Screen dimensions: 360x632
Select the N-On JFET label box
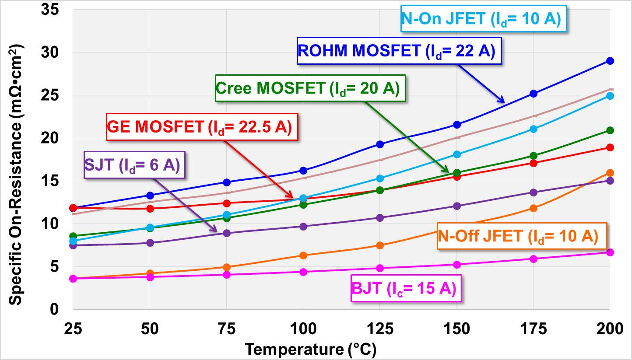point(481,19)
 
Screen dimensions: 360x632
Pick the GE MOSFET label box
point(199,127)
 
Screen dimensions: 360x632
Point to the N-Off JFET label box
point(517,236)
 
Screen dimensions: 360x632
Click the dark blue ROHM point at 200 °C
point(610,61)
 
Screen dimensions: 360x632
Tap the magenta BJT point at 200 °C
point(610,252)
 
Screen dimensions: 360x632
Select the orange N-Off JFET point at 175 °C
point(534,208)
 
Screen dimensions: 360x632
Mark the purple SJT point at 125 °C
point(380,218)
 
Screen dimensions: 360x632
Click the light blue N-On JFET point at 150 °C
point(457,154)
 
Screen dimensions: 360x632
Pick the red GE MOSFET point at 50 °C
point(150,209)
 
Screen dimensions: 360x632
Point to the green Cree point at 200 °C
point(610,130)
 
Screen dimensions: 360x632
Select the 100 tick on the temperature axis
point(303,329)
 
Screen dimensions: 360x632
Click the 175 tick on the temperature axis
point(533,329)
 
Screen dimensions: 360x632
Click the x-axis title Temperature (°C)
point(310,350)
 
